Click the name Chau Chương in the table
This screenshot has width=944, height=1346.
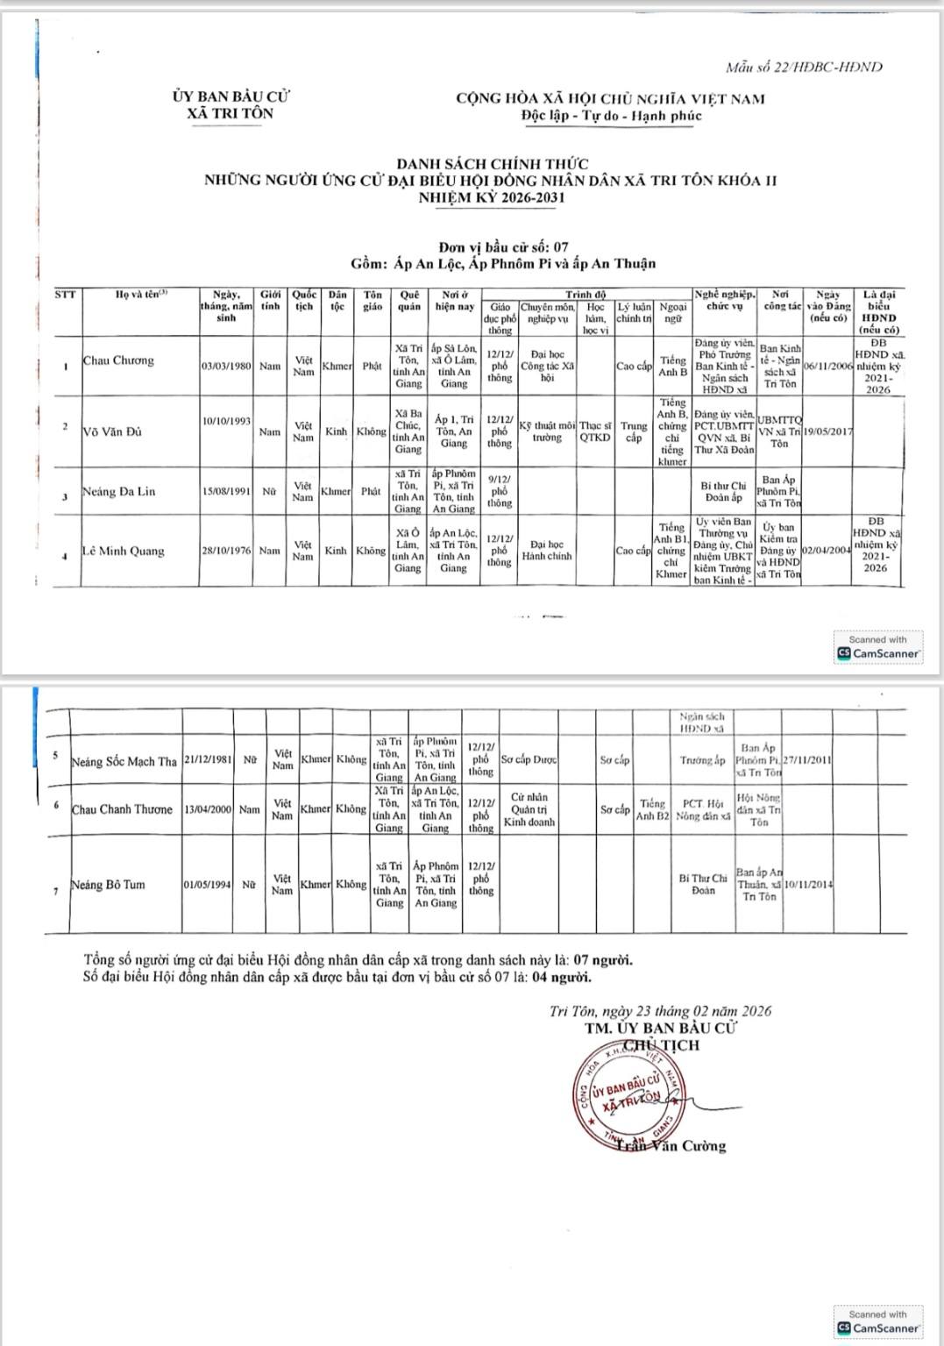pyautogui.click(x=118, y=360)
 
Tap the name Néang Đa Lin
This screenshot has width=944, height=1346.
pyautogui.click(x=119, y=492)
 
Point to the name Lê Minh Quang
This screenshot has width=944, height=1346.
pyautogui.click(x=124, y=552)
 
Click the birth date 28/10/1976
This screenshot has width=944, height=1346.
pyautogui.click(x=226, y=551)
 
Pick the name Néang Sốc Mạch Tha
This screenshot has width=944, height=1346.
pyautogui.click(x=124, y=761)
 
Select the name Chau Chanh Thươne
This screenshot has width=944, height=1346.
pyautogui.click(x=122, y=809)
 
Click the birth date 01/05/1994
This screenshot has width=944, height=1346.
pyautogui.click(x=208, y=885)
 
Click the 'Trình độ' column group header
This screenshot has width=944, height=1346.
pyautogui.click(x=585, y=295)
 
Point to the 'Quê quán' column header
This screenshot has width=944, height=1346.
pyautogui.click(x=408, y=301)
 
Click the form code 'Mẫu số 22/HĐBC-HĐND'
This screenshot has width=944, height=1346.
pyautogui.click(x=804, y=67)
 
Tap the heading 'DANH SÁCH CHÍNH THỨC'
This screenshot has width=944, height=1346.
pyautogui.click(x=492, y=164)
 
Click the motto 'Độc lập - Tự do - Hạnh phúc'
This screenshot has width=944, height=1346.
pyautogui.click(x=611, y=116)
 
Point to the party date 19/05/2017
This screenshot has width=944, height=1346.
pyautogui.click(x=827, y=431)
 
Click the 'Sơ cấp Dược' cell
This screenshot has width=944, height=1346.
pyautogui.click(x=529, y=760)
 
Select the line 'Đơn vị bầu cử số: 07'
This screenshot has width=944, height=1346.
pyautogui.click(x=503, y=247)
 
